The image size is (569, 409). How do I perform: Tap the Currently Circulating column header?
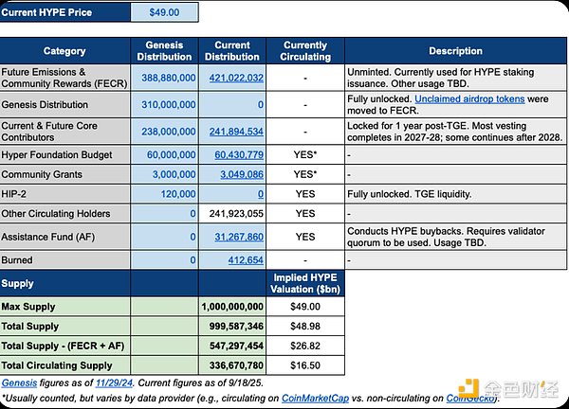point(304,51)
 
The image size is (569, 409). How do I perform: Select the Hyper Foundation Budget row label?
point(59,154)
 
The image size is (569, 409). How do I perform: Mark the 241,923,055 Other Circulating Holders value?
point(233,214)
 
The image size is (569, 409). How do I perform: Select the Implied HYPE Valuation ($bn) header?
point(304,283)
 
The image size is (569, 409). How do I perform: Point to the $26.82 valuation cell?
point(304,346)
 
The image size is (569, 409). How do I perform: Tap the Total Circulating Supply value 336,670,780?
point(233,365)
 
